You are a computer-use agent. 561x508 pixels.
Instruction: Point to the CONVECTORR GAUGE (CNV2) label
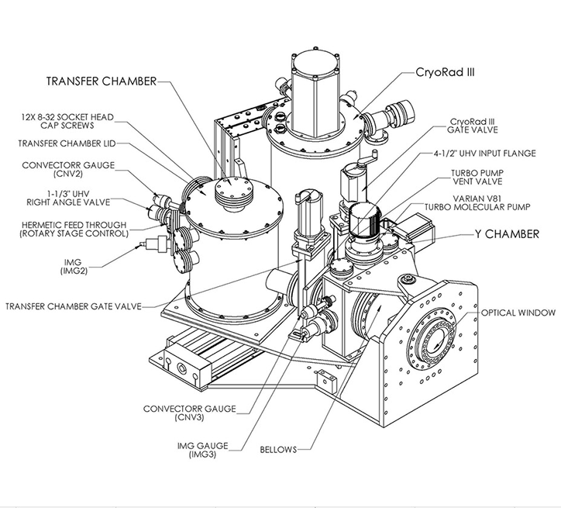76,168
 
